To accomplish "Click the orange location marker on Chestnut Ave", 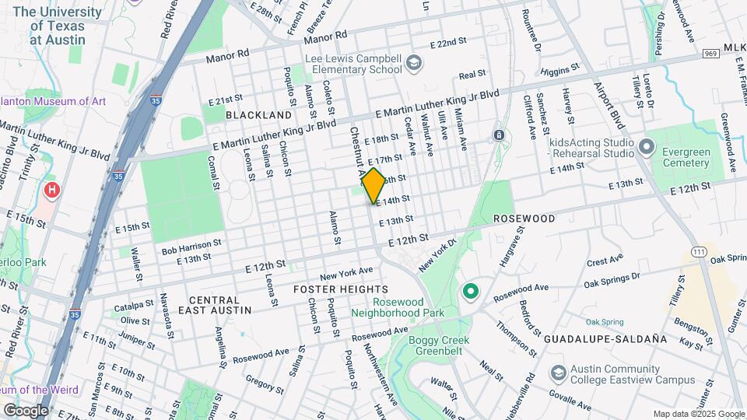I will coord(373,185).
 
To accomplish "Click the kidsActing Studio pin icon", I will coord(646,146).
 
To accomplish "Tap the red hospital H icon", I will coord(52,190).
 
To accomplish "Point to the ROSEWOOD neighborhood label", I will coord(524,219).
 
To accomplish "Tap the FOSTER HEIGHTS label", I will coord(341,289).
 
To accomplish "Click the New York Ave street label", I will coord(346,273).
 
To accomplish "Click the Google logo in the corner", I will coord(26,410).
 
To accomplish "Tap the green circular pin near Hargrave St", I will coord(470,292).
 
